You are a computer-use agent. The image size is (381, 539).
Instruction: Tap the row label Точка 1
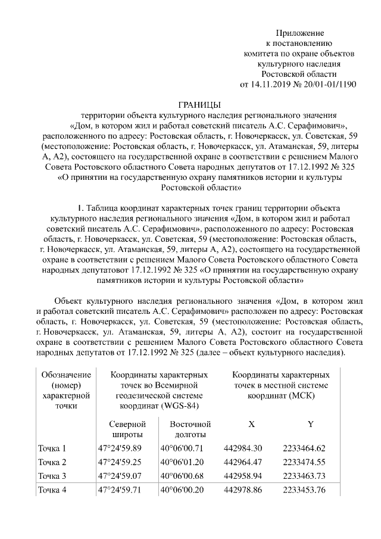52,448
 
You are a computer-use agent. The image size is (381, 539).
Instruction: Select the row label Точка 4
52,491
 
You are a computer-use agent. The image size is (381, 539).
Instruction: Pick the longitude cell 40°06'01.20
182,462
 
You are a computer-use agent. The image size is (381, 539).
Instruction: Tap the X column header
251,424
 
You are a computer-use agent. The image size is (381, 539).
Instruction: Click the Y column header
310,424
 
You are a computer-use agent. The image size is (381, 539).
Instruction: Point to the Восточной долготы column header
190,430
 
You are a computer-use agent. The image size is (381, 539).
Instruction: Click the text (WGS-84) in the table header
178,406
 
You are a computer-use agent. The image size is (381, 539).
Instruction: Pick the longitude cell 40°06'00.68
182,476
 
